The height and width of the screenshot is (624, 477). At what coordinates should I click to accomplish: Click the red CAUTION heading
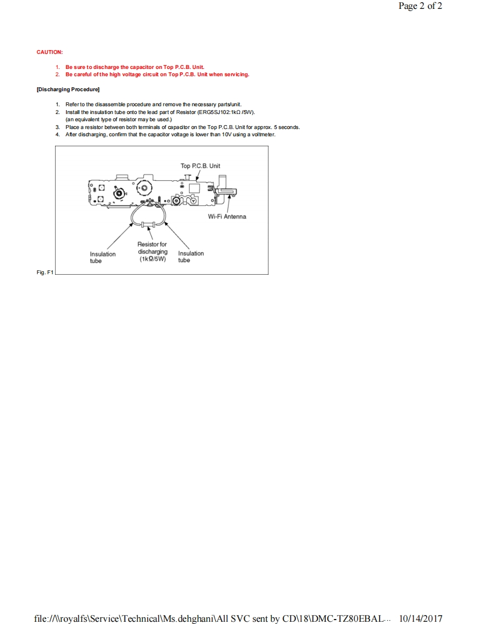[49, 52]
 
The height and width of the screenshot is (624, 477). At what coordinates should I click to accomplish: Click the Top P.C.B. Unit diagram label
[200, 166]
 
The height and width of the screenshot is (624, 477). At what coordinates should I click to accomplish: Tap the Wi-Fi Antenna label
[227, 216]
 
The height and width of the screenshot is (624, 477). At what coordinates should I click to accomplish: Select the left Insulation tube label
[103, 257]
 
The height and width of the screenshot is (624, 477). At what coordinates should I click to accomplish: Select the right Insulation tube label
[191, 257]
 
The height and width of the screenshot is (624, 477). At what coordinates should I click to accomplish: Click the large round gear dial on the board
[144, 188]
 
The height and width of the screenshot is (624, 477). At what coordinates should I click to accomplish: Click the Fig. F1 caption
[44, 273]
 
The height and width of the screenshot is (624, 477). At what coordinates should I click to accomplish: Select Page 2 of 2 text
[420, 6]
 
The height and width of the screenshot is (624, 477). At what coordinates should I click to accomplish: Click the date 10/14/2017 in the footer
[421, 618]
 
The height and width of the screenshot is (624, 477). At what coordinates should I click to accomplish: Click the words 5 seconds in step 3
[287, 127]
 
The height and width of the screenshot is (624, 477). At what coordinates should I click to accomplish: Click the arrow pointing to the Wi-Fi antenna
[226, 204]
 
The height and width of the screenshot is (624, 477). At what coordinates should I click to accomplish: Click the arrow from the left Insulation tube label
[120, 237]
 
